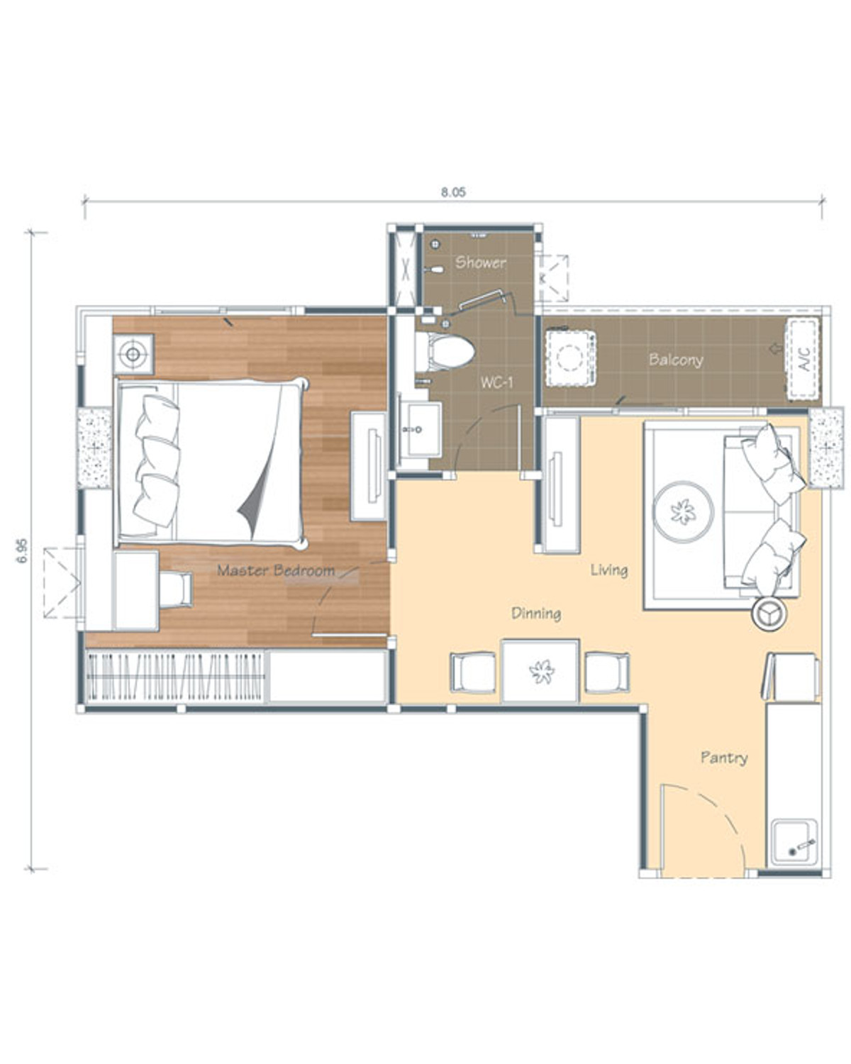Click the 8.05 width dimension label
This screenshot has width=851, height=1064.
(453, 192)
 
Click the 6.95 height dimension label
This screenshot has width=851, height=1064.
(22, 550)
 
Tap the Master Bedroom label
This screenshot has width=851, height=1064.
(276, 570)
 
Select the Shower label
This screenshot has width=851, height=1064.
(481, 262)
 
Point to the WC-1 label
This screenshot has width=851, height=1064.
(497, 382)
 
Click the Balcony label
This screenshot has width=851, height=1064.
(676, 360)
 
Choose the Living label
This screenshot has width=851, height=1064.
(609, 570)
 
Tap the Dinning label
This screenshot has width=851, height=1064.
(536, 614)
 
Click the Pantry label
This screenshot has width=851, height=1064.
(724, 758)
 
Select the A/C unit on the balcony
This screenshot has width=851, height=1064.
(803, 358)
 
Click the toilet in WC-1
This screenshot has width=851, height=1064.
(444, 352)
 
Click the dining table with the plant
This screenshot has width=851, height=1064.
(540, 671)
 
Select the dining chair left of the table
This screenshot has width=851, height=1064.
(473, 672)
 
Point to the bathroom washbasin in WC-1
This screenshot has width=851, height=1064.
(420, 429)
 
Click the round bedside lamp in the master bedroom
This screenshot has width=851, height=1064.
(133, 354)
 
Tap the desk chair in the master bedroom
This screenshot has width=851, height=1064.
(176, 589)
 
